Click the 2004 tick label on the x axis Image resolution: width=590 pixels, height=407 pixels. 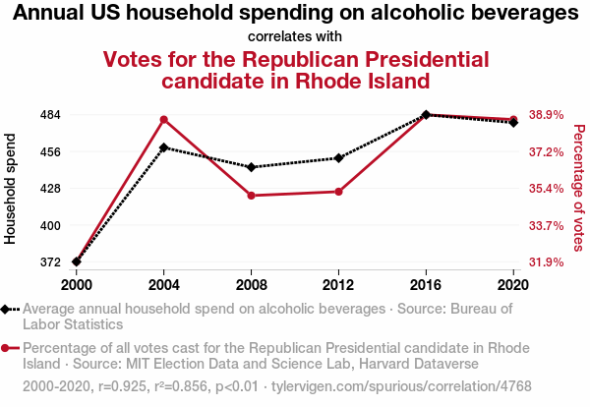[x=164, y=284]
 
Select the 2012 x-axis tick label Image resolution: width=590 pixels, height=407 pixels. [x=338, y=284]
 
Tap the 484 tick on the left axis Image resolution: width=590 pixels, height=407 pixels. [x=49, y=115]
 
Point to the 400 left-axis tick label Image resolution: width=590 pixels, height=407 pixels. [x=49, y=226]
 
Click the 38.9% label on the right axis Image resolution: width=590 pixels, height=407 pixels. [x=547, y=115]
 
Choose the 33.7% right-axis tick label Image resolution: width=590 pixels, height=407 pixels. [x=547, y=226]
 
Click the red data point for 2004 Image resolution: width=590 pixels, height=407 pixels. [x=164, y=120]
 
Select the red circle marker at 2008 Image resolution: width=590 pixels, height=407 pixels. [x=252, y=196]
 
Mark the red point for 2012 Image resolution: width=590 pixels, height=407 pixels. [x=338, y=192]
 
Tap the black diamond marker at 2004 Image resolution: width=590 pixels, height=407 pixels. [x=164, y=147]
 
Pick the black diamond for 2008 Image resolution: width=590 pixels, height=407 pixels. [x=252, y=167]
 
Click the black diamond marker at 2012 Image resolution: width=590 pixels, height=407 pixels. [x=338, y=158]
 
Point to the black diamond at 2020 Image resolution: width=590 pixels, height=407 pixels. [x=513, y=123]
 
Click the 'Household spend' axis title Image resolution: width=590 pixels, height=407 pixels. [x=11, y=189]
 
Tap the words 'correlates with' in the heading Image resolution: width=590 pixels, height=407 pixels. [x=295, y=36]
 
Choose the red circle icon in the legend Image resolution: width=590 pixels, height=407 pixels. [x=10, y=348]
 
